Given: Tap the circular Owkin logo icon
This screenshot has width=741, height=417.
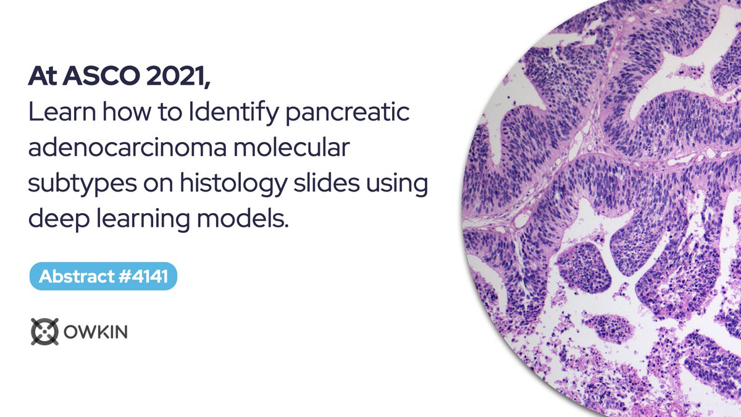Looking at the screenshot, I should pos(44,332).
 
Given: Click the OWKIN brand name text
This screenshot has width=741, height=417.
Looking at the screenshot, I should pos(96,332).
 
